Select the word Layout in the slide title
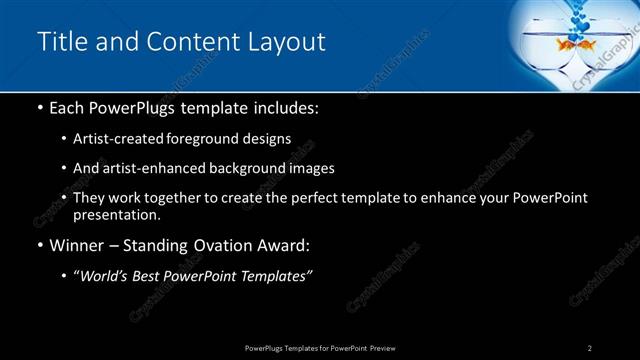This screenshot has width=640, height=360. click(286, 42)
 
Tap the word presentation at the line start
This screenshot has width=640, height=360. click(116, 214)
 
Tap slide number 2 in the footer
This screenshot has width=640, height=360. click(590, 347)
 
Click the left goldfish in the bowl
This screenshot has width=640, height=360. click(566, 44)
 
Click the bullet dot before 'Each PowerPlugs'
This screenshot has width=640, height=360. click(39, 107)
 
